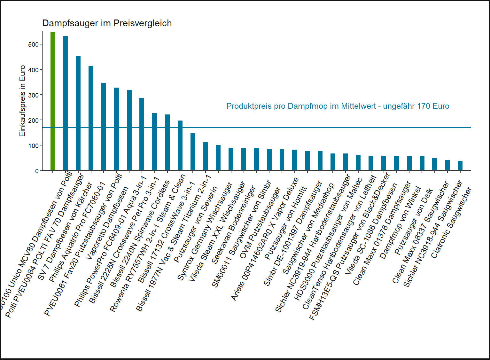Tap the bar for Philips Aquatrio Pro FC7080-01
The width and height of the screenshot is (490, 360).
tap(91, 118)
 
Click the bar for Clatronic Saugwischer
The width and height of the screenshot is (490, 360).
tap(460, 165)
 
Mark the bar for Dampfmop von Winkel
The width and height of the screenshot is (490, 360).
tap(409, 163)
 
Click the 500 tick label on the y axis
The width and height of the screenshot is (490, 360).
tap(33, 44)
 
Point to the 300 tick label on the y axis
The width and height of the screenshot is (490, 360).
tap(33, 95)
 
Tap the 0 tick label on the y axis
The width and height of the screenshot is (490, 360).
tap(37, 171)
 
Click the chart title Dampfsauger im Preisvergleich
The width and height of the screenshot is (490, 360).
tap(107, 23)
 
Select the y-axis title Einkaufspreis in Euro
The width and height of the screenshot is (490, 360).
tap(22, 101)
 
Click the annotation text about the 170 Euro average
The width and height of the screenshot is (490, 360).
tap(338, 106)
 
